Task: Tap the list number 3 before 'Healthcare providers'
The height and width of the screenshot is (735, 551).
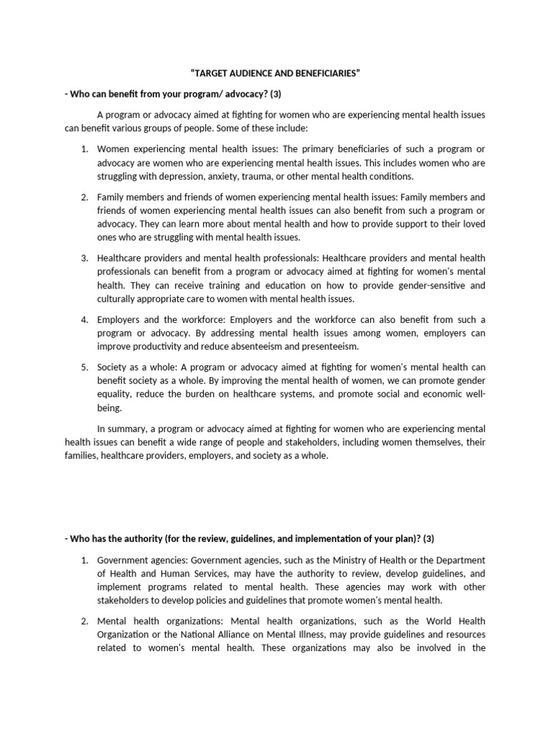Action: pos(83,258)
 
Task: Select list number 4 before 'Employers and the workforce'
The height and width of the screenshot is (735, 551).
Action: pos(83,319)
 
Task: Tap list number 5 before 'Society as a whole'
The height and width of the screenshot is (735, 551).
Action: pos(83,367)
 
